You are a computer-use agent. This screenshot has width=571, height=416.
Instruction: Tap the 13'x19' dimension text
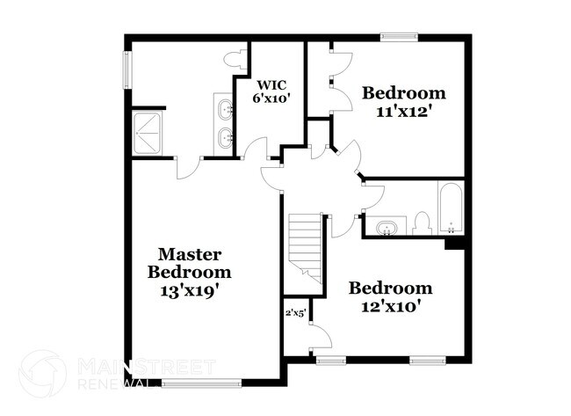[x=189, y=287]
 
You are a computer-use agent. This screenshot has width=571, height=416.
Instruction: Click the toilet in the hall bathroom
[x=422, y=223]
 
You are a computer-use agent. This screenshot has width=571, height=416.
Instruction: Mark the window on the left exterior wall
[x=127, y=73]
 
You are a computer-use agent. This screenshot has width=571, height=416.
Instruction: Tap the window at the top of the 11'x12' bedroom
[x=398, y=36]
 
